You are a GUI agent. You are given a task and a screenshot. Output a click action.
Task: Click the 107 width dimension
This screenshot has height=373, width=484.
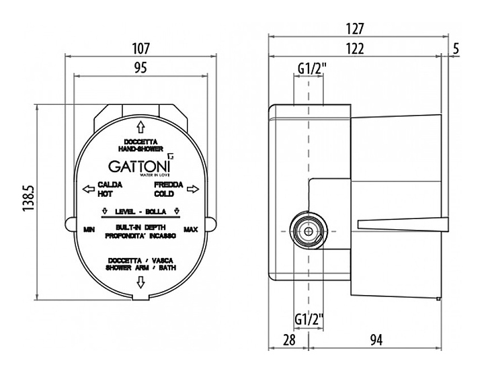pos(140,48)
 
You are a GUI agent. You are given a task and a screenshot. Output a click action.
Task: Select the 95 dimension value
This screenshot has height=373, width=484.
pos(140,67)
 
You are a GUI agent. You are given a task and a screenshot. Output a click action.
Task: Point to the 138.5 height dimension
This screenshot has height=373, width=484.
pos(28,201)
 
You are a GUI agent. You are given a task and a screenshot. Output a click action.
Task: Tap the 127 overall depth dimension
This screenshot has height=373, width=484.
pos(356,29)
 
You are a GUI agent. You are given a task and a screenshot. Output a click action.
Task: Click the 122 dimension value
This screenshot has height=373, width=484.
pos(356,48)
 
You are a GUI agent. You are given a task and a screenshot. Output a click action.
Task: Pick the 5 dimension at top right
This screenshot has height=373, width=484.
pos(456,48)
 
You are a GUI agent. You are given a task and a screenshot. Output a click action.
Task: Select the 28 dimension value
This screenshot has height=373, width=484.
pos(289,340)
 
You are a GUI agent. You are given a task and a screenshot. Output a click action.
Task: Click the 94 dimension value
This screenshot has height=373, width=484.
pos(376,340)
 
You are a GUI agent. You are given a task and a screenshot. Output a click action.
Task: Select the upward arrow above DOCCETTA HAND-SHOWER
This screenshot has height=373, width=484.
pos(140,126)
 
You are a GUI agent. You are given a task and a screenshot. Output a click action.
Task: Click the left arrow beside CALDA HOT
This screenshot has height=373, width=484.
pos(87,189)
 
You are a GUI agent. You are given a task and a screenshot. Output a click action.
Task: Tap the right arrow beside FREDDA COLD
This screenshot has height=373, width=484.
pos(192,189)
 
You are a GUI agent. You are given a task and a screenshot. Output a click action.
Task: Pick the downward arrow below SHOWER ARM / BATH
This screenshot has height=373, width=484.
pos(140,283)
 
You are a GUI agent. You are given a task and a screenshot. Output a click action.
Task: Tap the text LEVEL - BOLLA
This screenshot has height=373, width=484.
pos(140,211)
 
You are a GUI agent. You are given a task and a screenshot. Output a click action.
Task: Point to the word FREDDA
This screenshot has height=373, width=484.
pos(165,185)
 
